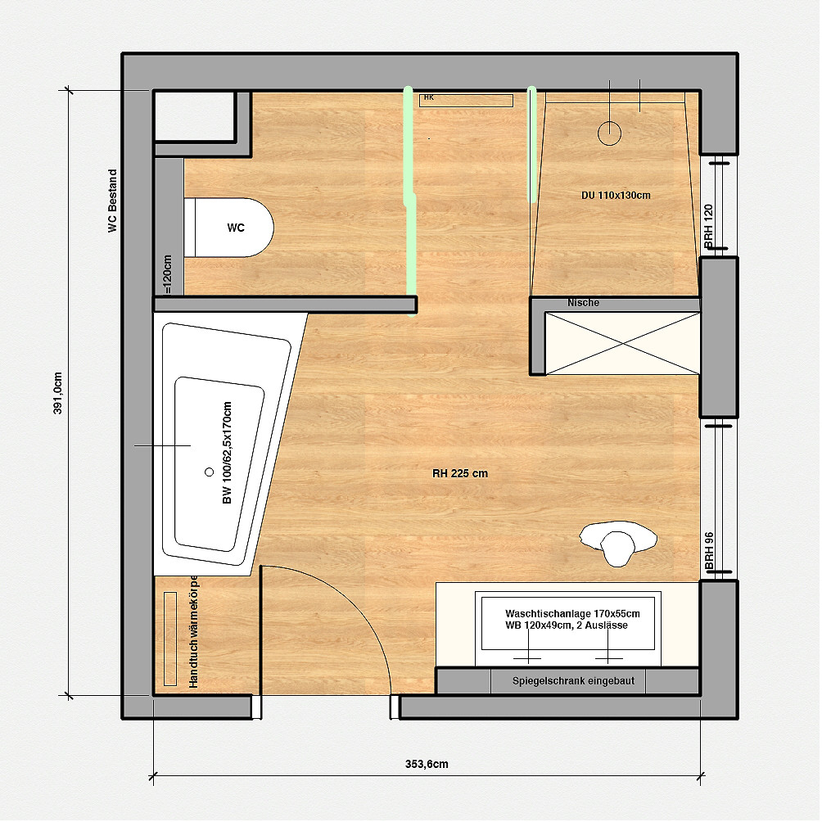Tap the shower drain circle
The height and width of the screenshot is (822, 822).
pyautogui.click(x=611, y=133)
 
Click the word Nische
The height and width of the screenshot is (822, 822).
pyautogui.click(x=583, y=303)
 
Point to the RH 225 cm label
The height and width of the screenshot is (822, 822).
pyautogui.click(x=460, y=473)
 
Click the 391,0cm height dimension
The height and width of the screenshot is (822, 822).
pyautogui.click(x=57, y=394)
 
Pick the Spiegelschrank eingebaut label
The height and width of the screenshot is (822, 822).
pyautogui.click(x=567, y=680)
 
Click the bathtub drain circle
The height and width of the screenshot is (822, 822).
pyautogui.click(x=208, y=472)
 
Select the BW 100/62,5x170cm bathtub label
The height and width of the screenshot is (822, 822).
pyautogui.click(x=227, y=454)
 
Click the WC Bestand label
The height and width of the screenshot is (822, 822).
pyautogui.click(x=113, y=201)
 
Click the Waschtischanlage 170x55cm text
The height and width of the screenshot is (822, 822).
pyautogui.click(x=572, y=612)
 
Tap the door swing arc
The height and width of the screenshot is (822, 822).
pyautogui.click(x=368, y=614)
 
